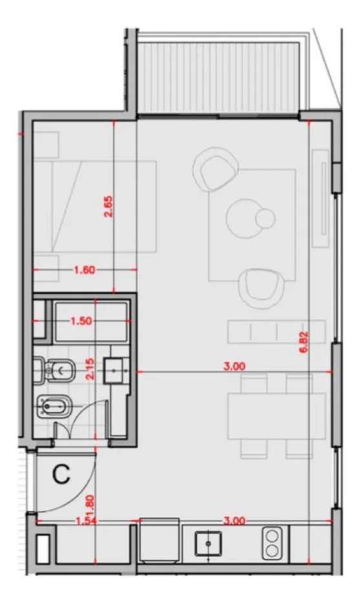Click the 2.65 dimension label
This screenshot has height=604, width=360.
(x=109, y=207)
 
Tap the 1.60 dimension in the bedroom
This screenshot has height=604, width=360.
(x=85, y=269)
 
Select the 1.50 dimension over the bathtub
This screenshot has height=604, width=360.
(x=81, y=321)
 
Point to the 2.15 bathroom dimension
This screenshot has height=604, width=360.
(x=90, y=370)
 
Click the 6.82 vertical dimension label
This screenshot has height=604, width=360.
(x=304, y=343)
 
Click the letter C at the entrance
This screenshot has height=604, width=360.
(x=61, y=474)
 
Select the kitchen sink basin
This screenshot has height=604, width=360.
(x=208, y=543)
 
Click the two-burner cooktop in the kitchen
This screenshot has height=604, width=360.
(x=272, y=543)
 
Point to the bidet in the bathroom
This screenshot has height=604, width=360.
(x=54, y=406)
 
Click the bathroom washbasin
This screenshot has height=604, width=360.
(x=114, y=371)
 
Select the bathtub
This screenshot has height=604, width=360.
(x=91, y=322)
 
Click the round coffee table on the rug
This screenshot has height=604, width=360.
(x=246, y=218)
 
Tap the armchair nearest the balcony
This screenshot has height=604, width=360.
(x=215, y=169)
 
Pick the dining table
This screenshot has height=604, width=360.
(x=277, y=416)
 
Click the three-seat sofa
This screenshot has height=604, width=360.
(x=277, y=331)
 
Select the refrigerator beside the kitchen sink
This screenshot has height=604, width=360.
(x=159, y=540)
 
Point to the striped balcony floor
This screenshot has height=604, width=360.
(x=218, y=77)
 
